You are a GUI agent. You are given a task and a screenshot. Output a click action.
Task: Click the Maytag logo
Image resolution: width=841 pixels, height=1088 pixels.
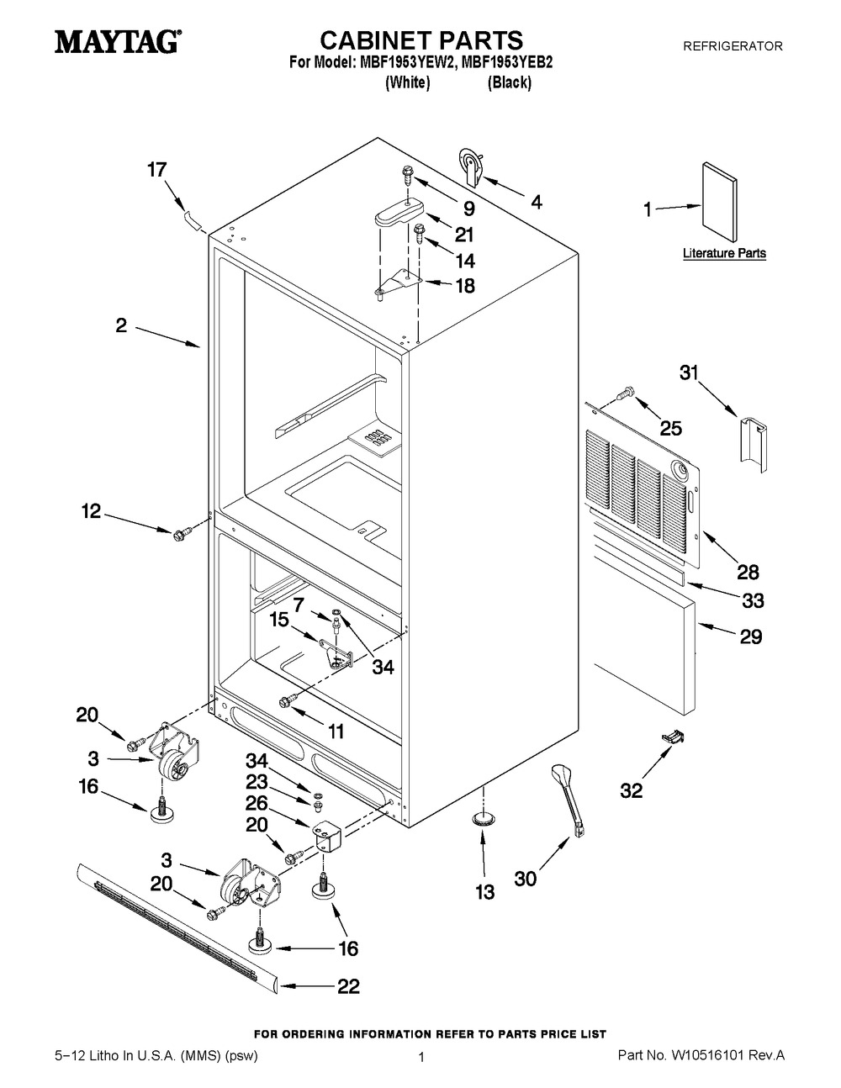pyautogui.click(x=118, y=42)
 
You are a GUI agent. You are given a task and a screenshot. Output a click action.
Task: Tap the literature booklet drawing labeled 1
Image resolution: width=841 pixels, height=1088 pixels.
pyautogui.click(x=719, y=202)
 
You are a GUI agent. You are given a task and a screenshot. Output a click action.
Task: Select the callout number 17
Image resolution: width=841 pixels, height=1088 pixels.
pyautogui.click(x=156, y=170)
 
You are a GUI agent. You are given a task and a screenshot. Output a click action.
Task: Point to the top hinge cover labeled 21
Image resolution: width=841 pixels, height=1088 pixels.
pyautogui.click(x=399, y=214)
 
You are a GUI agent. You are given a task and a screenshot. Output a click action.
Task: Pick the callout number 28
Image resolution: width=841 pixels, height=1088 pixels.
pyautogui.click(x=748, y=573)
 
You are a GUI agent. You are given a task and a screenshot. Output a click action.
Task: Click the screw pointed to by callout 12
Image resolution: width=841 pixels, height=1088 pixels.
pyautogui.click(x=181, y=534)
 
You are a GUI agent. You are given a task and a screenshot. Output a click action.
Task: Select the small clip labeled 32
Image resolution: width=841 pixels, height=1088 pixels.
pyautogui.click(x=674, y=735)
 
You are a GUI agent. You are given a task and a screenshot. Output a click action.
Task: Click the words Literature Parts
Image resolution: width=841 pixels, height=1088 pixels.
pyautogui.click(x=724, y=253)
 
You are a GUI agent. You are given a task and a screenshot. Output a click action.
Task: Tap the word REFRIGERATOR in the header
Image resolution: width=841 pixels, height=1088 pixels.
pyautogui.click(x=733, y=46)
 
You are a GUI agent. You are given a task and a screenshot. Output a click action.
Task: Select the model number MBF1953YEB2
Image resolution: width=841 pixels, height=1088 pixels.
pyautogui.click(x=506, y=62)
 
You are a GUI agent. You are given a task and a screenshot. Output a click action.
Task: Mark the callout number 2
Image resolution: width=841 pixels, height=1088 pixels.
pyautogui.click(x=121, y=326)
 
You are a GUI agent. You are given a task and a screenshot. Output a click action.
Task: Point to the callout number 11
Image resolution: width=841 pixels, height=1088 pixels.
pyautogui.click(x=336, y=731)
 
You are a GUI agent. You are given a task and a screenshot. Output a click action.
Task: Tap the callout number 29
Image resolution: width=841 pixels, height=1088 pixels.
pyautogui.click(x=750, y=636)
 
